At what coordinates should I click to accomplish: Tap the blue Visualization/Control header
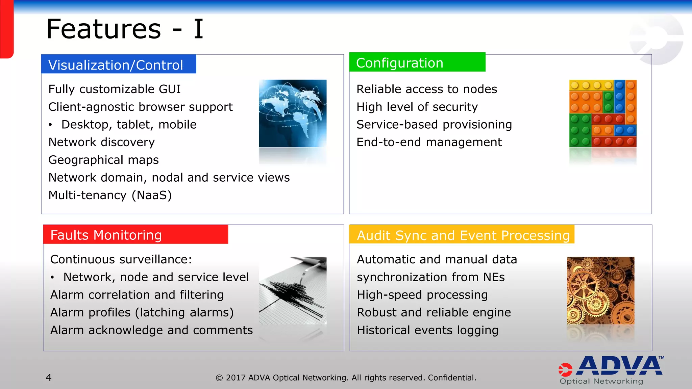pyautogui.click(x=118, y=64)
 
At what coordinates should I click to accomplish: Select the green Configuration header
pyautogui.click(x=417, y=62)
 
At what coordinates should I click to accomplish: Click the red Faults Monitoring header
pyautogui.click(x=135, y=235)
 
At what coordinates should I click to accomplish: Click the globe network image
pyautogui.click(x=293, y=113)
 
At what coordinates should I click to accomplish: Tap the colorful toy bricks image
pyautogui.click(x=602, y=113)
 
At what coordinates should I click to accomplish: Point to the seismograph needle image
pyautogui.click(x=293, y=290)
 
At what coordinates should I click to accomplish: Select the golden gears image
pyautogui.click(x=600, y=290)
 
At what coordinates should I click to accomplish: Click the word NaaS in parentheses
pyautogui.click(x=152, y=195)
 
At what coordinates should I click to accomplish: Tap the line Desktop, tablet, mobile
pyautogui.click(x=129, y=125)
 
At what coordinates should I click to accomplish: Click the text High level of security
pyautogui.click(x=417, y=107)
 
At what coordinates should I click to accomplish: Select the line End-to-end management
pyautogui.click(x=429, y=142)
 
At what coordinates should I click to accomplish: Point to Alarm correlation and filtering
pyautogui.click(x=137, y=295)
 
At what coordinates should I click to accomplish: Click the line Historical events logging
pyautogui.click(x=427, y=330)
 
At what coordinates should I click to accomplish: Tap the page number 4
pyautogui.click(x=49, y=378)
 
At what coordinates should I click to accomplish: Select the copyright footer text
pyautogui.click(x=346, y=378)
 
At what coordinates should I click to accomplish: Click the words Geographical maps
pyautogui.click(x=103, y=160)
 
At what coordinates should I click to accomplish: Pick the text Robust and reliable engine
pyautogui.click(x=434, y=312)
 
